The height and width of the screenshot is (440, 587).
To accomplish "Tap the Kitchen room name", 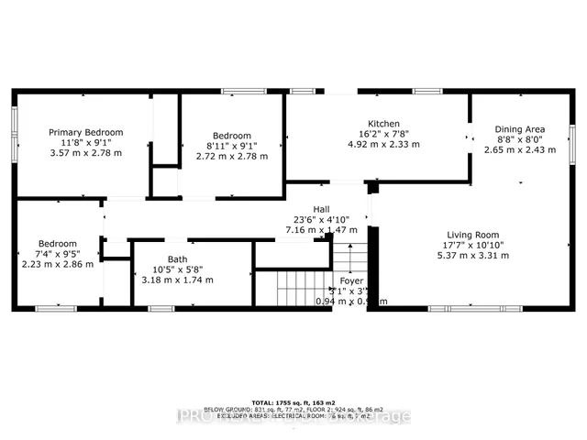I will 383,123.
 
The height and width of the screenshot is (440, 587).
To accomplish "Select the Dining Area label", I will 519,129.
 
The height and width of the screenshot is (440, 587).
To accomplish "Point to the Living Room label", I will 473,234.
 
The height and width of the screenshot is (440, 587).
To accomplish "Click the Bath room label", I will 177,259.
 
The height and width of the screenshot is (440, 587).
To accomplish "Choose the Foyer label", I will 351,280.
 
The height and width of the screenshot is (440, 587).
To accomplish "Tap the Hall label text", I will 320,209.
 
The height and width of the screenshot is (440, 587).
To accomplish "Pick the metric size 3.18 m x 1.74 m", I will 177,280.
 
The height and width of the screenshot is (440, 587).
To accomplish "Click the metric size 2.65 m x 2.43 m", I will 519,149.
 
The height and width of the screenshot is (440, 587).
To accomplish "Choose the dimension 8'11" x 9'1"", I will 232,144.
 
